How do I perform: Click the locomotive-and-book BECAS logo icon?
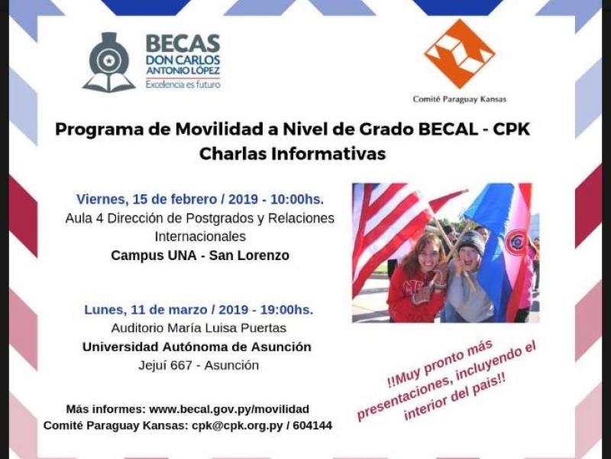coord(109,63)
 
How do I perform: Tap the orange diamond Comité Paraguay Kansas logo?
coord(460,54)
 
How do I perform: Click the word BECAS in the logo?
coord(183,44)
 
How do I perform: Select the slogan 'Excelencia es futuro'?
coord(183,84)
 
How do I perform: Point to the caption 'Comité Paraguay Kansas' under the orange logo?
coord(460,99)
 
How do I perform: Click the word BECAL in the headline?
coord(448,129)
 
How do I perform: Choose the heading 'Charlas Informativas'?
coord(293,154)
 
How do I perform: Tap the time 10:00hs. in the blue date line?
coord(297,199)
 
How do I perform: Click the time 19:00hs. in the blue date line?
coord(287,310)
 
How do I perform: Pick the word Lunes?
coord(105,310)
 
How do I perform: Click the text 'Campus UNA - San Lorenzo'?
coord(200,256)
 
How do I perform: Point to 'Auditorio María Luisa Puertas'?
coord(199,328)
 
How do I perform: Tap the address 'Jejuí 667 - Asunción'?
coord(199,366)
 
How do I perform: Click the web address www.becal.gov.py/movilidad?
coord(229,409)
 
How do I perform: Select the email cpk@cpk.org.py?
coord(238,425)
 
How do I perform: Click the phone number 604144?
coord(314,425)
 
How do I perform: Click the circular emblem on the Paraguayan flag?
coord(516,243)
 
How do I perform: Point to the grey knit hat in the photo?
coord(471,241)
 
